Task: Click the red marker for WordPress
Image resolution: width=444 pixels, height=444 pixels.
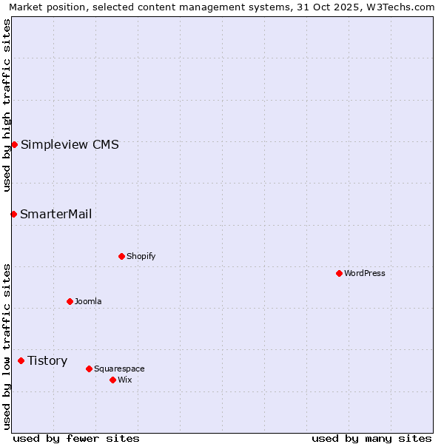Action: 339,273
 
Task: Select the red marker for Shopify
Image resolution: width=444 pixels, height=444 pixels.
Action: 121,256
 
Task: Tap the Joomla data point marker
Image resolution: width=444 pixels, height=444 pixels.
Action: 70,301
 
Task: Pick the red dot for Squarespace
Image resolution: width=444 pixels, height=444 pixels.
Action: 89,369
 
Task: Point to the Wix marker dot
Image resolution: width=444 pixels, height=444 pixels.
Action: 112,380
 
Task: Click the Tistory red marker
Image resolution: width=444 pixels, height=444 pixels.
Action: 21,361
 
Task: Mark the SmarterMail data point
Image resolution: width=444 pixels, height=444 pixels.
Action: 13,214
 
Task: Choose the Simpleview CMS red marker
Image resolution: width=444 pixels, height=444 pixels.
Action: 14,144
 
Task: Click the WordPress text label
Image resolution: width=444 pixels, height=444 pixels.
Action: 365,273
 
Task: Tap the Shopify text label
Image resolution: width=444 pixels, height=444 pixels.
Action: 141,256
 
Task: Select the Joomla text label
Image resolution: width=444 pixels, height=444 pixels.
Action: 88,301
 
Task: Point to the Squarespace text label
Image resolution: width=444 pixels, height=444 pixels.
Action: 119,369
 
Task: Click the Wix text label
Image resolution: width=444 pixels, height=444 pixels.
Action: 125,380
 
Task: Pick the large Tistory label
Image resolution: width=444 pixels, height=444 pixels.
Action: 47,361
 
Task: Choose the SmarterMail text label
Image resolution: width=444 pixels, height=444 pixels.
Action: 56,215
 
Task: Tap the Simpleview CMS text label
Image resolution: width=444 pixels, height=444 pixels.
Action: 70,145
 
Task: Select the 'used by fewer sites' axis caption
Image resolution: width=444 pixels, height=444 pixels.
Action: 76,438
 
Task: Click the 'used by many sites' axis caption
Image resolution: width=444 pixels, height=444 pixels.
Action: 371,438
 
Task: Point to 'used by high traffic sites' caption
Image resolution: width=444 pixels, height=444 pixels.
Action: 7,105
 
